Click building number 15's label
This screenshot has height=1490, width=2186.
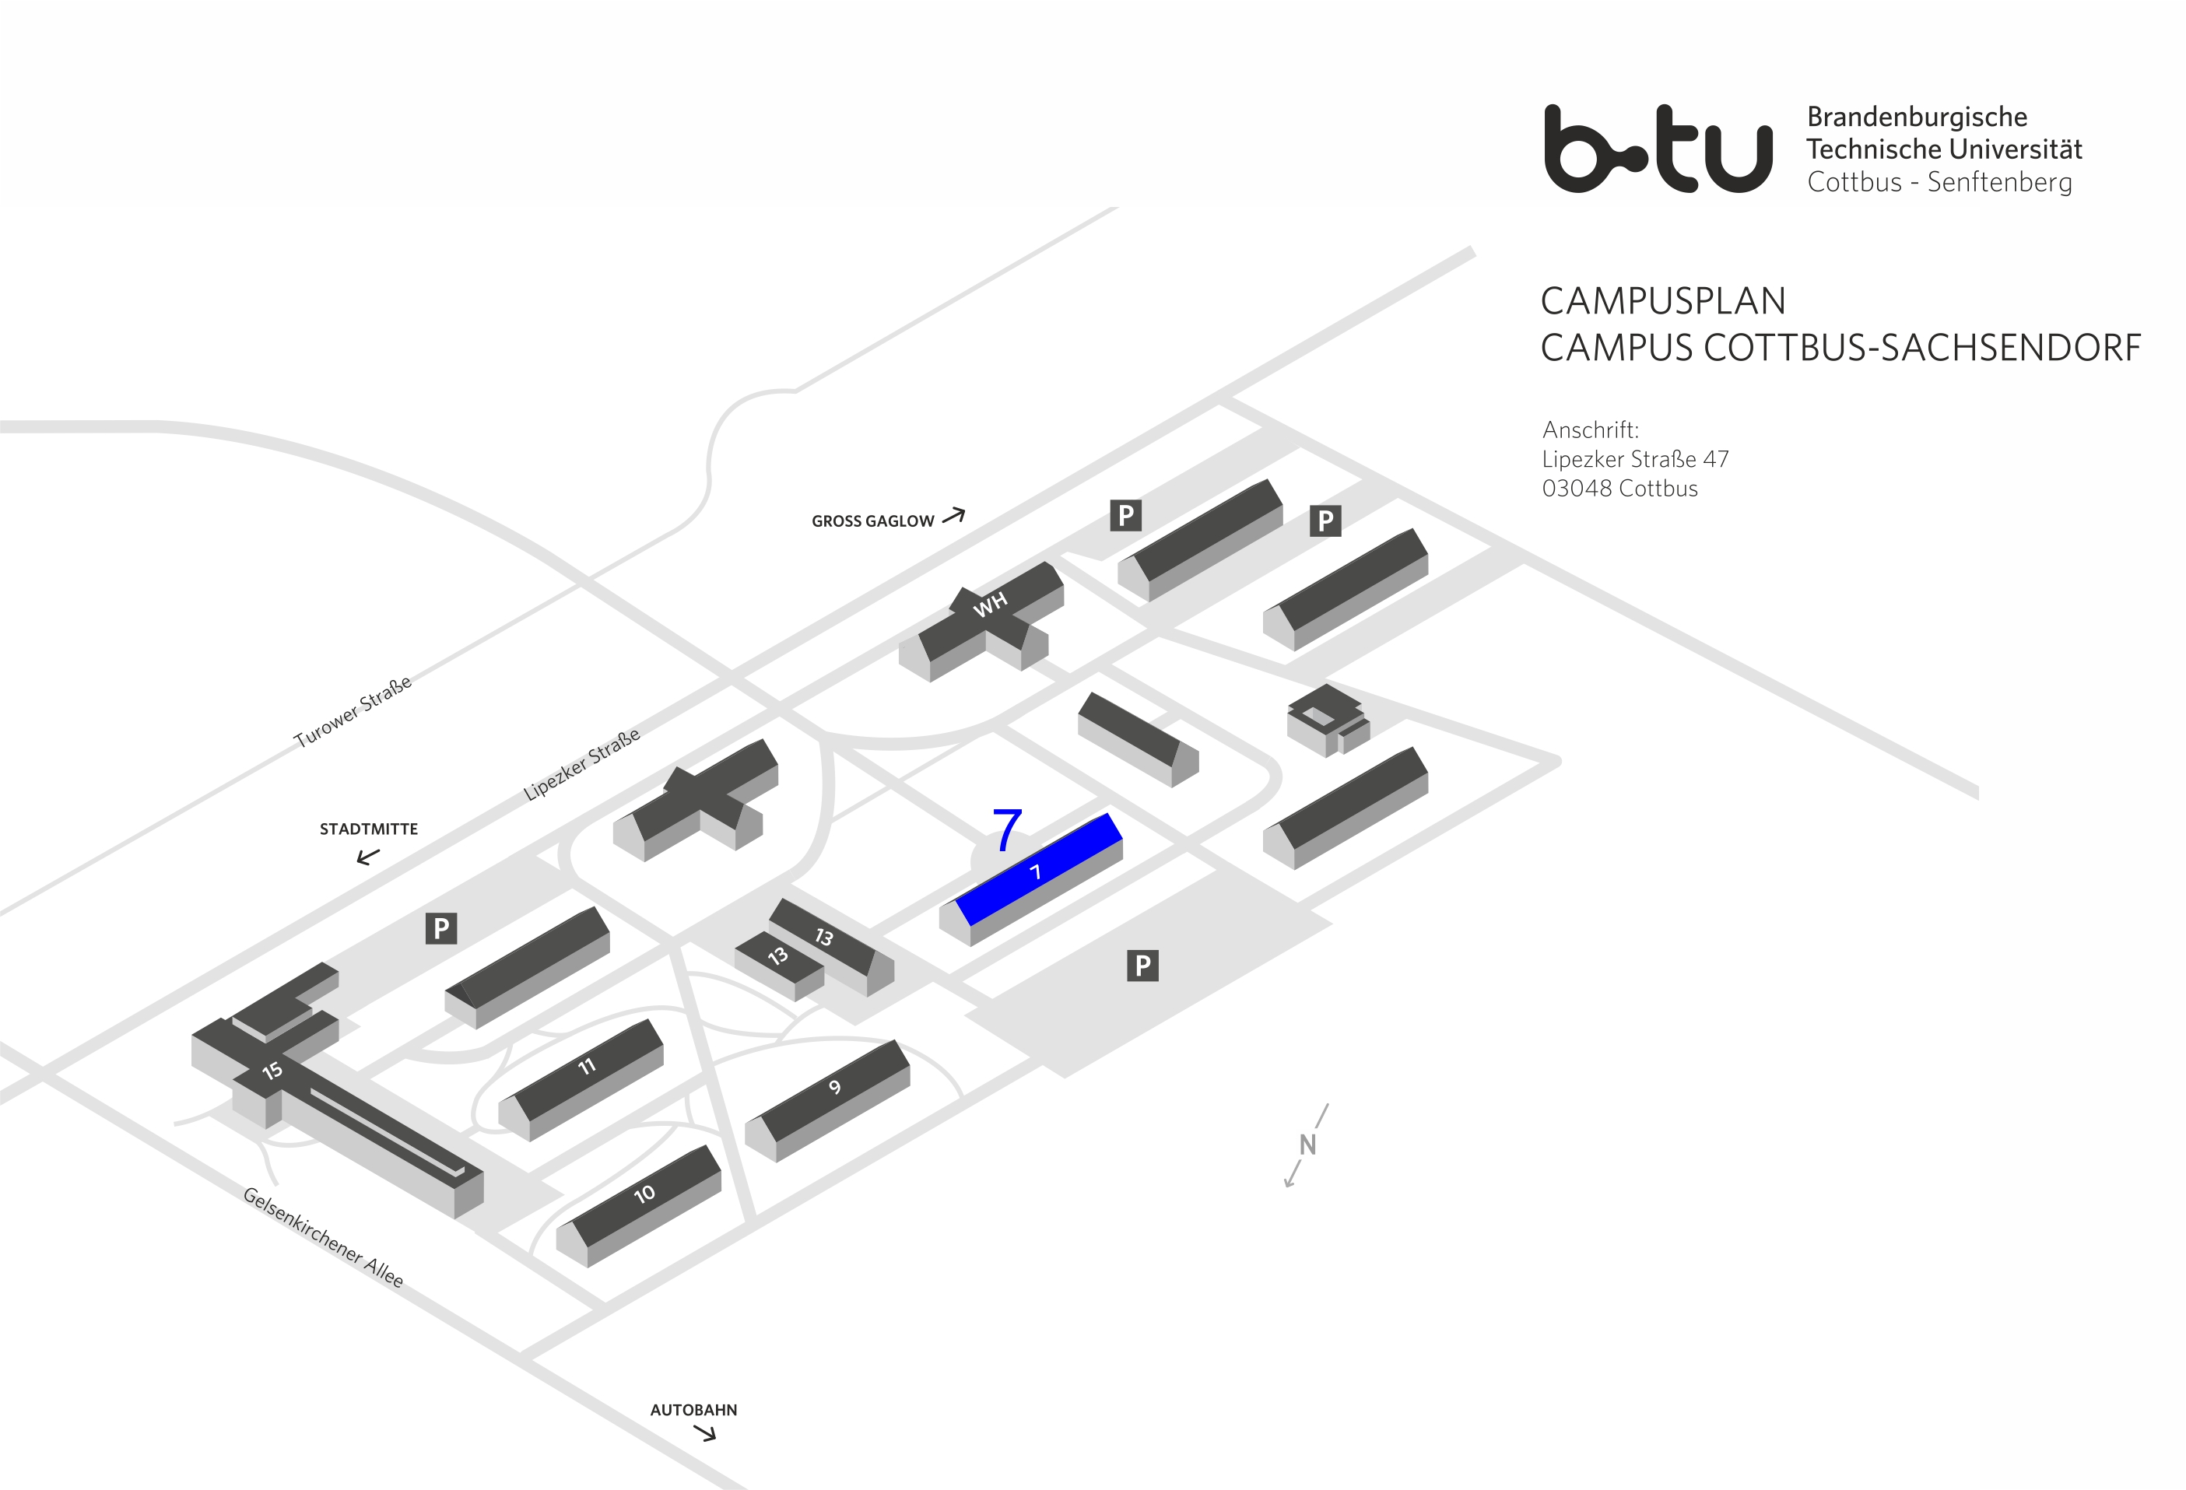point(272,1071)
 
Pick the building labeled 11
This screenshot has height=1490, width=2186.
point(587,1067)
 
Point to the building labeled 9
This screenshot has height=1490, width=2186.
point(834,1089)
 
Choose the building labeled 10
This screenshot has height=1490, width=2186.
point(644,1194)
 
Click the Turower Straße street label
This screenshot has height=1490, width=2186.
point(353,711)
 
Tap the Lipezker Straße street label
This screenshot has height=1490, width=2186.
point(581,764)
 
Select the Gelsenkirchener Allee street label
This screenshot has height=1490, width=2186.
point(323,1237)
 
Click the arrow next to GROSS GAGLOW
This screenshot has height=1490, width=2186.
point(954,516)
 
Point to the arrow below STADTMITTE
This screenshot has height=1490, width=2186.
point(368,856)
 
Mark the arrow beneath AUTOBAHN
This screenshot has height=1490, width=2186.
point(704,1433)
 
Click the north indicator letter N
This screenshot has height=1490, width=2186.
point(1307,1145)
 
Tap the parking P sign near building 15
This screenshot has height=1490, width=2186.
point(441,928)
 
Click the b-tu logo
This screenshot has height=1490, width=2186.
point(1658,149)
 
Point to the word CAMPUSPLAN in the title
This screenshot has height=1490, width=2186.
point(1662,301)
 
